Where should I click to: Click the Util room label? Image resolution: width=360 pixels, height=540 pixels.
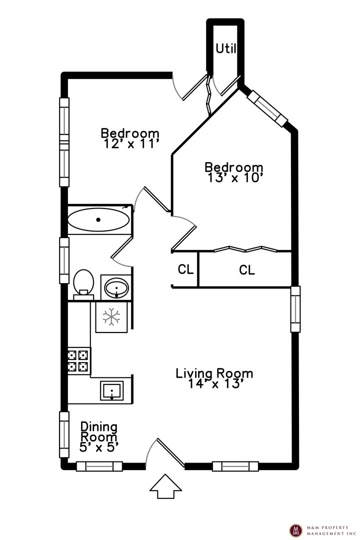coord(225,48)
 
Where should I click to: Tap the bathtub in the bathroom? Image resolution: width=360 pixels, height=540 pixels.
coord(98,219)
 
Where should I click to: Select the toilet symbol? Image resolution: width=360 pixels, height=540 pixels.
coord(83,283)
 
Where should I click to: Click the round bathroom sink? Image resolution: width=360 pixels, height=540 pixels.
coord(116,287)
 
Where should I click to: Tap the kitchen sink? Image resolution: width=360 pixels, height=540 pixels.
coord(112,390)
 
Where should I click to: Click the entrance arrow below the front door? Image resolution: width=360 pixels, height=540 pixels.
coord(165,486)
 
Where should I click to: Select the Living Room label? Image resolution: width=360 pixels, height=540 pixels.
coord(214,373)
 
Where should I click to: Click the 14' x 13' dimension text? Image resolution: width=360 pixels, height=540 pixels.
coord(215,384)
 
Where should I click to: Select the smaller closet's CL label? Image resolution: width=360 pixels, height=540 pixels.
coord(185,269)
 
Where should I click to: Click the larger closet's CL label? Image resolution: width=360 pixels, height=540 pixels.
coord(246,270)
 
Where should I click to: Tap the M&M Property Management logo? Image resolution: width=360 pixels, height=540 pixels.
coord(296,529)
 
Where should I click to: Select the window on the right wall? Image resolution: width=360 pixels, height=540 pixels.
coord(295,309)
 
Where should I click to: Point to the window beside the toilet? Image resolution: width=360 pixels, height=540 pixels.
coord(64,260)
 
